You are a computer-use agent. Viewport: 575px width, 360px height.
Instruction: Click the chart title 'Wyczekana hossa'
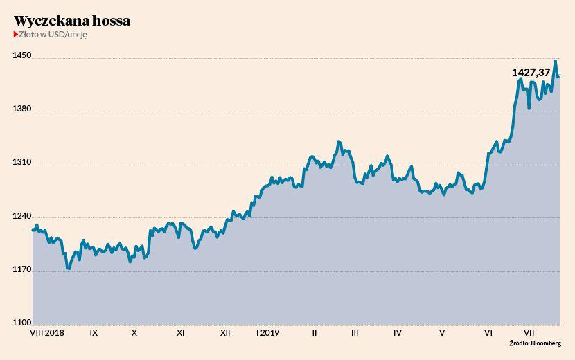(72, 21)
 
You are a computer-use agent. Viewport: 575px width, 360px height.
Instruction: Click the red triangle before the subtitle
(16, 35)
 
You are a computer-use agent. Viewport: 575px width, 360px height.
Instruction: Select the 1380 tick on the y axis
(21, 109)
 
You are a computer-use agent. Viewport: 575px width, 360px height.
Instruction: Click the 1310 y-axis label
(21, 163)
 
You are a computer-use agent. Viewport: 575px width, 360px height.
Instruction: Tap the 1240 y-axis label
(21, 216)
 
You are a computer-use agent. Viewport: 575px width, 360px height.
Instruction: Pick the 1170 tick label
(21, 270)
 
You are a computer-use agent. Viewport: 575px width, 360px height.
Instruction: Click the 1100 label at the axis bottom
(21, 323)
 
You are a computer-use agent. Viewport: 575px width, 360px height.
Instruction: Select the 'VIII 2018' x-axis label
(49, 333)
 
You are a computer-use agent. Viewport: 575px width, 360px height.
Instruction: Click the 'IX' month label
(94, 333)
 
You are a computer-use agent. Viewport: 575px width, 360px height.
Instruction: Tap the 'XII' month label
(225, 333)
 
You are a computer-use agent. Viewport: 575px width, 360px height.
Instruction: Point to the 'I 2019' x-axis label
(267, 333)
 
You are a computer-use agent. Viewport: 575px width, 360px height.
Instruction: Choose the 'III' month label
(355, 333)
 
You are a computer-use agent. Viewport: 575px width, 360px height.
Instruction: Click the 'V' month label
(442, 333)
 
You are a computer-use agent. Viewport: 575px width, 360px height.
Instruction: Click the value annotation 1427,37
(531, 72)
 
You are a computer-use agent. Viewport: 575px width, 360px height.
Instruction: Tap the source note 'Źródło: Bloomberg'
(535, 343)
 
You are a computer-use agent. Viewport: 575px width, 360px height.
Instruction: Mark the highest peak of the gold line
(556, 62)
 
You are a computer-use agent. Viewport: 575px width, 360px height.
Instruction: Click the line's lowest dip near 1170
(68, 269)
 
